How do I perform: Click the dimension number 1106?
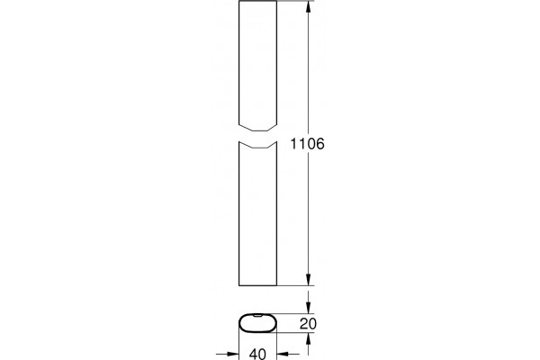[307, 144]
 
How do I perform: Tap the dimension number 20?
[308, 324]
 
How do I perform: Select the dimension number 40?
[257, 354]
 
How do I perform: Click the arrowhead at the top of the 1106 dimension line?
[308, 7]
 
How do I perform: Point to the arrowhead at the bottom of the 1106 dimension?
[308, 279]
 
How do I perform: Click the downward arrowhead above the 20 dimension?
[308, 307]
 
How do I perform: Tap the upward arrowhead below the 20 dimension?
[308, 339]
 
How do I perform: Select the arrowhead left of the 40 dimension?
[232, 354]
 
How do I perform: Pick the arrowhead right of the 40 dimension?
[283, 354]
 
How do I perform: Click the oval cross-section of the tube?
[258, 314]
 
